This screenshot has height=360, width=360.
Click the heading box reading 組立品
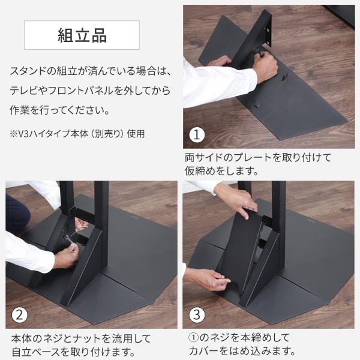point(82,35)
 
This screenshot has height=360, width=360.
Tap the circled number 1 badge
point(197,135)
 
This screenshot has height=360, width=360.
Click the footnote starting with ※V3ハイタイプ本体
point(77,133)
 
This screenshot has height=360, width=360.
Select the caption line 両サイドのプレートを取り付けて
point(258,157)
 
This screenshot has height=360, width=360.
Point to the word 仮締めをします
point(221,170)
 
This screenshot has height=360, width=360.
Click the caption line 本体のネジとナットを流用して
point(81,338)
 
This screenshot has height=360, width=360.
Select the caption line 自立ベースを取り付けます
point(73,352)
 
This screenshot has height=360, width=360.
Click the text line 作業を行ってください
point(59,110)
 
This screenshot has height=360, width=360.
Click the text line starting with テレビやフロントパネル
point(90,91)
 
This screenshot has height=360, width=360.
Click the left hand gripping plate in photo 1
point(220,61)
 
